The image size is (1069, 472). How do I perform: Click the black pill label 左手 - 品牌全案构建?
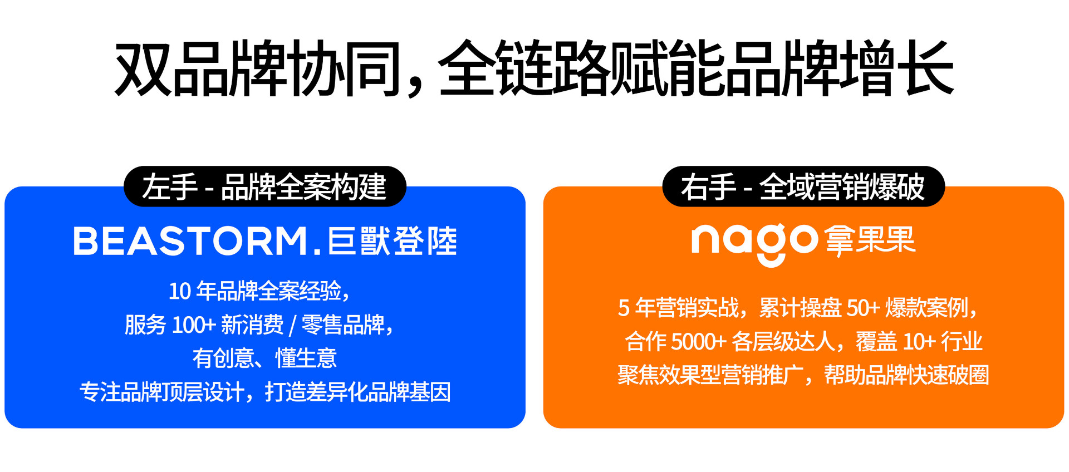264,186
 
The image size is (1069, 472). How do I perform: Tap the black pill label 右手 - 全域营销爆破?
803,186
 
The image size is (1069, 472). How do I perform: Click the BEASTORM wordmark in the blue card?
190,242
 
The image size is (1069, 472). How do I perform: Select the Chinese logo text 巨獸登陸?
393,242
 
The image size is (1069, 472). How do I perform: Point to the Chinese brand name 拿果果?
870,240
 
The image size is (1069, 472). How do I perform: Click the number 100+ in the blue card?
194,325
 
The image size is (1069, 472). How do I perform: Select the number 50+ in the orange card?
863,308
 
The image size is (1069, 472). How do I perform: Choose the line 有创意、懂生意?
264,358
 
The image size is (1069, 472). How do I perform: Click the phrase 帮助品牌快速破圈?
906,375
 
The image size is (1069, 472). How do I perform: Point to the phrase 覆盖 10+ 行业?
919,342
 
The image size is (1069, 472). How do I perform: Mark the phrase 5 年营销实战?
679,308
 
